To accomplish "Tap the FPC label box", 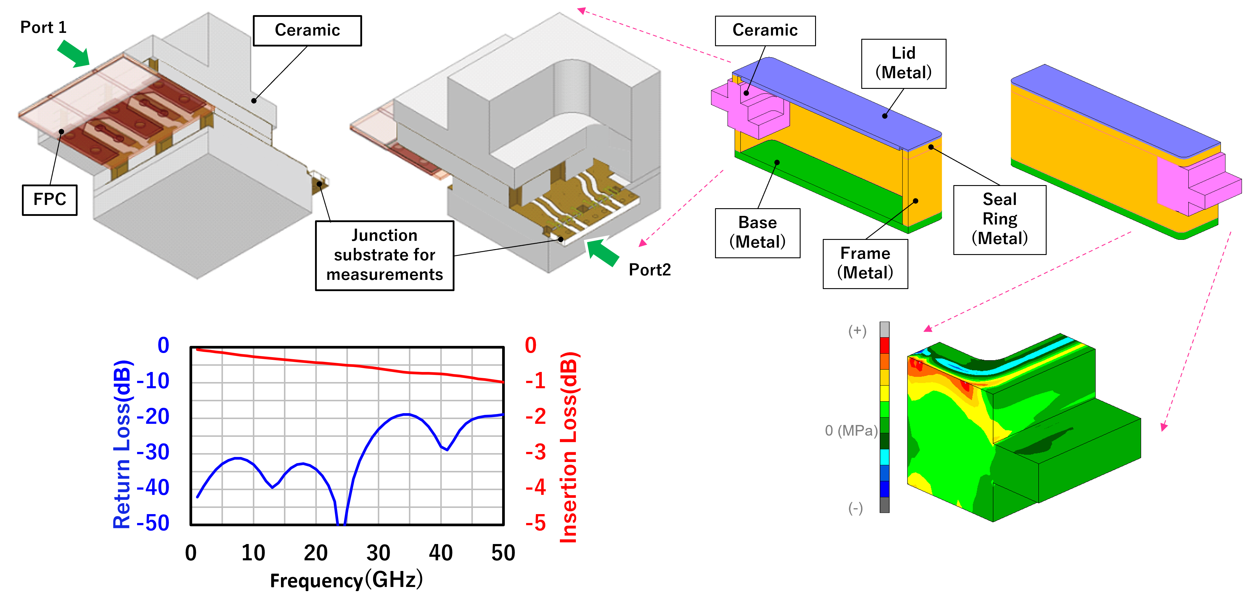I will pos(49,199).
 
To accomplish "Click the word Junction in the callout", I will pos(384,235).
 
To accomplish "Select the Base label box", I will pos(757,222).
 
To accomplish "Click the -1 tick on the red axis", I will pos(536,381).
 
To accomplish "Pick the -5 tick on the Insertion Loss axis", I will pos(536,523).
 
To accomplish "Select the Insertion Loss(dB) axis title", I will pos(568,447).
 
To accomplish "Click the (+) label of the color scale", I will pos(857,331).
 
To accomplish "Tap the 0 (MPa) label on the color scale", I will pos(851,430).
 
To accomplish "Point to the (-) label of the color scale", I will pos(855,508).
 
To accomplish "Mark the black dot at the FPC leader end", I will pos(61,131).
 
